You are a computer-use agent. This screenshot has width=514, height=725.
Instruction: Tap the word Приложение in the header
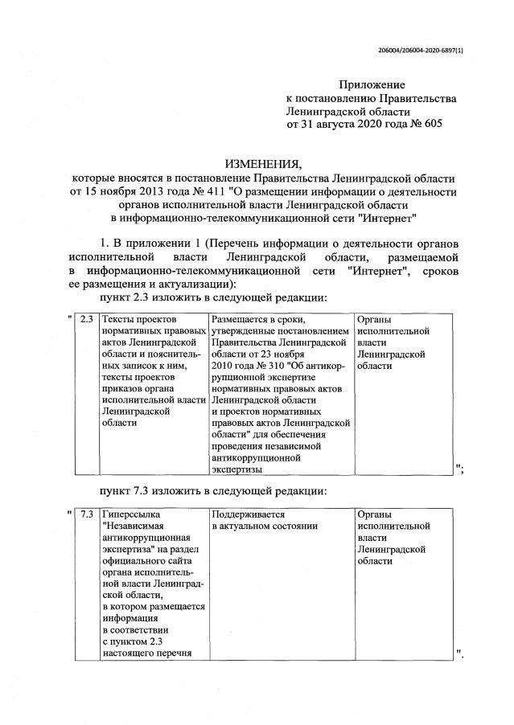(x=372, y=84)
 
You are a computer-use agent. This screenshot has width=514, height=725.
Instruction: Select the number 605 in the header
(x=431, y=125)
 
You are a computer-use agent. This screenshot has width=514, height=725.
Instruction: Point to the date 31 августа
(x=331, y=125)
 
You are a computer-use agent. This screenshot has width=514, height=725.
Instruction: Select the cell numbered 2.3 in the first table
(x=87, y=319)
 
